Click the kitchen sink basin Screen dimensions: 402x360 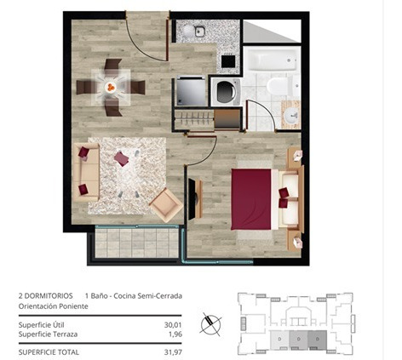pyautogui.click(x=200, y=31)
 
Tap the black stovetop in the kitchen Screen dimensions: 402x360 pyautogui.click(x=228, y=61)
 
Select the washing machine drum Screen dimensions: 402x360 pyautogui.click(x=227, y=92)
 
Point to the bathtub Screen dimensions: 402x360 pyautogui.click(x=272, y=60)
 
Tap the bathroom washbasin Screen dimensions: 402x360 pyautogui.click(x=292, y=115)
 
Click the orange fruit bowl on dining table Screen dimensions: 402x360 pyautogui.click(x=111, y=87)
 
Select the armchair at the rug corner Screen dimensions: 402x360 pyautogui.click(x=166, y=205)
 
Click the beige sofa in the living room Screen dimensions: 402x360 pyautogui.click(x=86, y=172)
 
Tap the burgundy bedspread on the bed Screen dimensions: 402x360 pyautogui.click(x=251, y=199)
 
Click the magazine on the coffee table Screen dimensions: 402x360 pyautogui.click(x=122, y=159)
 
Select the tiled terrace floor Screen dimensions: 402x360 pyautogui.click(x=136, y=243)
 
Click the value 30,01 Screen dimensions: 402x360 pyautogui.click(x=173, y=325)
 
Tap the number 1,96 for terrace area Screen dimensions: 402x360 pyautogui.click(x=175, y=334)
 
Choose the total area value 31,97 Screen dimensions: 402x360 pyautogui.click(x=173, y=352)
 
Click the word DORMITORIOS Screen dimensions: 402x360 pyautogui.click(x=49, y=296)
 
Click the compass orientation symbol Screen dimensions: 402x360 pyautogui.click(x=210, y=324)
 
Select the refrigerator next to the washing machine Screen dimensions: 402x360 pyautogui.click(x=191, y=91)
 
